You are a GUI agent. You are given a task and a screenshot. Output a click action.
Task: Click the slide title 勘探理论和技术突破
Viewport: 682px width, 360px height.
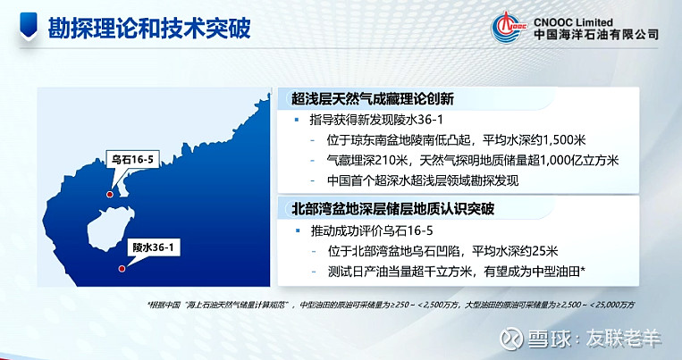[x=149, y=29]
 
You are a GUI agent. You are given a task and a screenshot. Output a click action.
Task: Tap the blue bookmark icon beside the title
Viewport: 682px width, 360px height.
[x=29, y=26]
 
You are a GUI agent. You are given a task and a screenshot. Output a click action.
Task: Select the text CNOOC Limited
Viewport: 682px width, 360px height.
[x=573, y=22]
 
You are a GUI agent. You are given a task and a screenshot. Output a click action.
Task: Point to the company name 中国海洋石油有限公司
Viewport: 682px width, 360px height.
[x=596, y=34]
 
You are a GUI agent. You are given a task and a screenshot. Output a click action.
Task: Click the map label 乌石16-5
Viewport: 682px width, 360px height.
[x=132, y=160]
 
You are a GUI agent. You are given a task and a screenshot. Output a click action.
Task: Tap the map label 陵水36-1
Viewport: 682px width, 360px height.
[x=153, y=247]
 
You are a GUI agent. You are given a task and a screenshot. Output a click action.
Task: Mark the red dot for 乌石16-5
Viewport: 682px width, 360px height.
[x=110, y=195]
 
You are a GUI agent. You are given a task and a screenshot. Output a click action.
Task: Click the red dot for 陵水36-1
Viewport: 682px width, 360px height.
[x=122, y=269]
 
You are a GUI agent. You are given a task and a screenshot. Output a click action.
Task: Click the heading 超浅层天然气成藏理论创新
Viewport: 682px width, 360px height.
[x=373, y=99]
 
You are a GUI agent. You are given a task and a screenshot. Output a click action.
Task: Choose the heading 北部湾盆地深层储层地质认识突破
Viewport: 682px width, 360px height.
[x=392, y=209]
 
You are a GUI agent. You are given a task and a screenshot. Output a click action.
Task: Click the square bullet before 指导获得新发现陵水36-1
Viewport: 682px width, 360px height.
[x=297, y=120]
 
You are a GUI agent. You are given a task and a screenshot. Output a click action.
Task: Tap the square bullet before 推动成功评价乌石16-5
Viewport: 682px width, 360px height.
[x=298, y=230]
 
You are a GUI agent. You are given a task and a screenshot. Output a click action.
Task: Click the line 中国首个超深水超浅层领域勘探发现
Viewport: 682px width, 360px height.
[x=423, y=180]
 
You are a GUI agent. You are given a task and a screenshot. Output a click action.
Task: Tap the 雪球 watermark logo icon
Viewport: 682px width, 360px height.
[x=511, y=339]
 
